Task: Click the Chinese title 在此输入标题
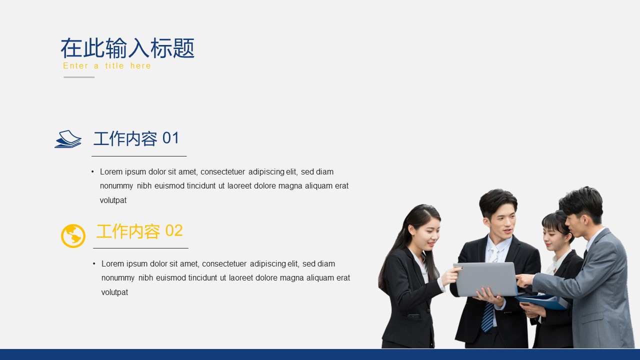(x=127, y=48)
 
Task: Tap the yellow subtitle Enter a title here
(x=107, y=66)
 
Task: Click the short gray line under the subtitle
(x=79, y=77)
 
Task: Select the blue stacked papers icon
(x=68, y=139)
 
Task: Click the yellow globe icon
(x=73, y=235)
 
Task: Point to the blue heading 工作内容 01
(x=136, y=138)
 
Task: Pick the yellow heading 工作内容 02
(x=139, y=231)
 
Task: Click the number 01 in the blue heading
(x=170, y=138)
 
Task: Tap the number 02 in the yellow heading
(x=173, y=230)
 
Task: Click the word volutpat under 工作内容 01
(x=113, y=200)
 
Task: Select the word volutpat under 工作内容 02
(x=114, y=292)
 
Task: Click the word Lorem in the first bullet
(x=111, y=171)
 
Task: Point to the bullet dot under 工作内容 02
(x=94, y=263)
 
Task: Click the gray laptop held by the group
(x=485, y=279)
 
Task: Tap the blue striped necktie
(x=487, y=316)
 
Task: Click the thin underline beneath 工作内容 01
(x=139, y=156)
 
